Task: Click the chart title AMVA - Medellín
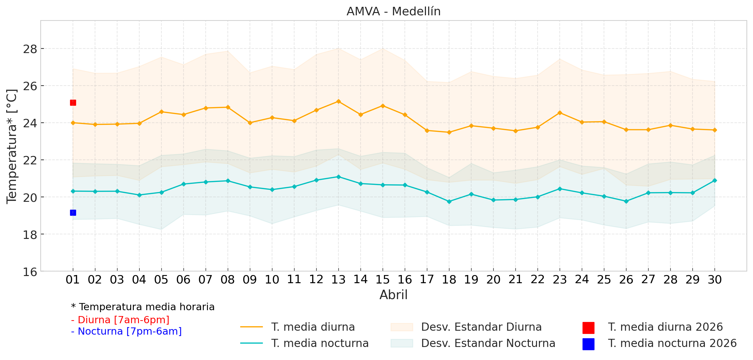393,11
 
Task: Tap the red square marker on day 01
73,103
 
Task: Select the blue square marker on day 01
73,213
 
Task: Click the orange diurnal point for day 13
338,102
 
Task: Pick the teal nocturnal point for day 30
715,180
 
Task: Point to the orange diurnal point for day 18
449,132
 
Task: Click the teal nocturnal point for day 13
338,177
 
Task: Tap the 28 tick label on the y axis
30,49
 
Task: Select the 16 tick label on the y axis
30,272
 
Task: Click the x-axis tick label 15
383,280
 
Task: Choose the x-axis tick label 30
715,280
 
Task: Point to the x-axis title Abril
393,295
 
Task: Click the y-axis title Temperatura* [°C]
12,146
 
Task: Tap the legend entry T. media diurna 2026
665,327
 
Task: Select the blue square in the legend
588,344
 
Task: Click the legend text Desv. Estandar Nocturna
488,343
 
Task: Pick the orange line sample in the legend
252,327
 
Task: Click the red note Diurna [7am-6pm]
120,320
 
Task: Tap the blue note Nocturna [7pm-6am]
126,331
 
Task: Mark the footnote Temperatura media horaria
143,307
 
